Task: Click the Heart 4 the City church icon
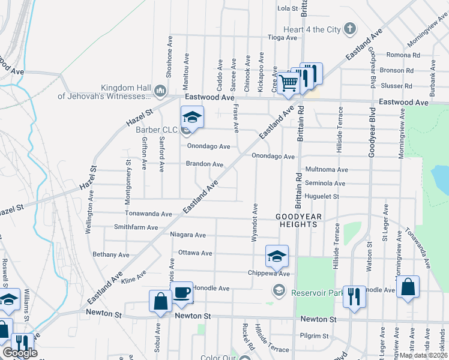point(351,29)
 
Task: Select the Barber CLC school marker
point(193,116)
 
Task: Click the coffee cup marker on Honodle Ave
point(182,292)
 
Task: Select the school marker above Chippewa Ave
point(276,256)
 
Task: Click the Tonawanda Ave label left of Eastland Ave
point(148,214)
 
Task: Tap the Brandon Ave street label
point(204,164)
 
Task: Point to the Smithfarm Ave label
point(136,228)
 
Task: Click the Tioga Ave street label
point(282,37)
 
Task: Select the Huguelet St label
point(322,196)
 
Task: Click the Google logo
point(19,353)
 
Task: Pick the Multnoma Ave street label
point(327,170)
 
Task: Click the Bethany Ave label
point(111,254)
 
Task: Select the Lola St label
point(288,8)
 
